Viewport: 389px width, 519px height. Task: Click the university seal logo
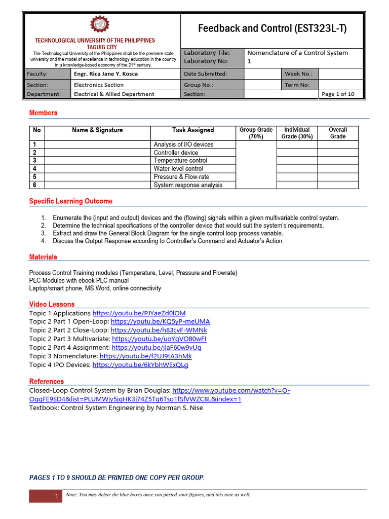(99, 25)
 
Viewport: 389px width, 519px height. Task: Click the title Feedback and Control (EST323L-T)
(272, 28)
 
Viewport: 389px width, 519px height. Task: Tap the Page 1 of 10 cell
(338, 94)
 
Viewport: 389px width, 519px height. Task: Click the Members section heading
(43, 113)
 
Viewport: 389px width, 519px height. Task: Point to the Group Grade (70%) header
(256, 133)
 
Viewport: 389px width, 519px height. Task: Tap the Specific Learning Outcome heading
(71, 201)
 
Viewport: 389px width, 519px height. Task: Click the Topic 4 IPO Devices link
(140, 365)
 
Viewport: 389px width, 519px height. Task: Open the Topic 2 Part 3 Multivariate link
(159, 339)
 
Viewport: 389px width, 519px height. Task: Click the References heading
(47, 382)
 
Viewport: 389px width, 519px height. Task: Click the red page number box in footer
(46, 496)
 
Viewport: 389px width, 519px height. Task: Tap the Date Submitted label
(205, 74)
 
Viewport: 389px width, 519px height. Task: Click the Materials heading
(43, 257)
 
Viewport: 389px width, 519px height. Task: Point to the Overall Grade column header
(338, 133)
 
